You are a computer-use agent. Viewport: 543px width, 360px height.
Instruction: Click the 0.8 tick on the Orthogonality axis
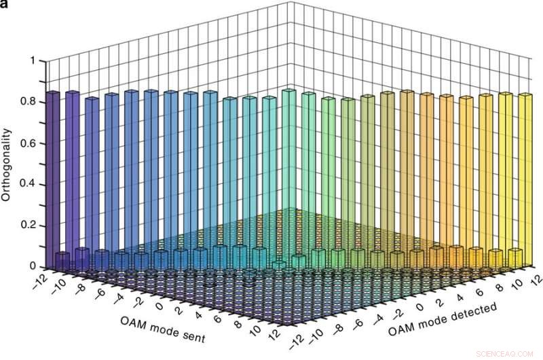(x=28, y=102)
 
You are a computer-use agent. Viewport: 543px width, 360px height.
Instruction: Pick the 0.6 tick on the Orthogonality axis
(x=28, y=143)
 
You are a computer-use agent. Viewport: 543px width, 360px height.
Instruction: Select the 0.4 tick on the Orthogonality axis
(x=28, y=185)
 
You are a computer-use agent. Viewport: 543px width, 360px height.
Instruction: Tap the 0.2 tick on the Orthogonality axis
(x=28, y=226)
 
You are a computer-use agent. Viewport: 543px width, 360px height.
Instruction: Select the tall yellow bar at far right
(x=525, y=177)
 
